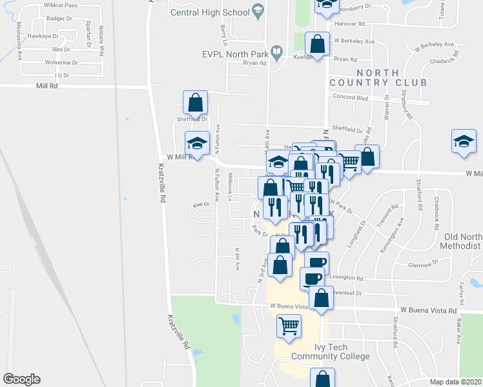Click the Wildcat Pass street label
click(x=62, y=5)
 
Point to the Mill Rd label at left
click(x=48, y=85)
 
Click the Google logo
click(x=21, y=379)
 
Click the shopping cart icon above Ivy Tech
click(x=289, y=324)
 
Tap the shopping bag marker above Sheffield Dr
click(x=195, y=101)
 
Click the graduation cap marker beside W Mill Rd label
click(x=198, y=143)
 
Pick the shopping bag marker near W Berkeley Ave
click(x=316, y=44)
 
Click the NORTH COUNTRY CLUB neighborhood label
click(x=378, y=78)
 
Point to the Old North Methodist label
click(x=461, y=241)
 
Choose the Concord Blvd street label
click(x=349, y=98)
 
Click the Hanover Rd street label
click(x=349, y=24)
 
